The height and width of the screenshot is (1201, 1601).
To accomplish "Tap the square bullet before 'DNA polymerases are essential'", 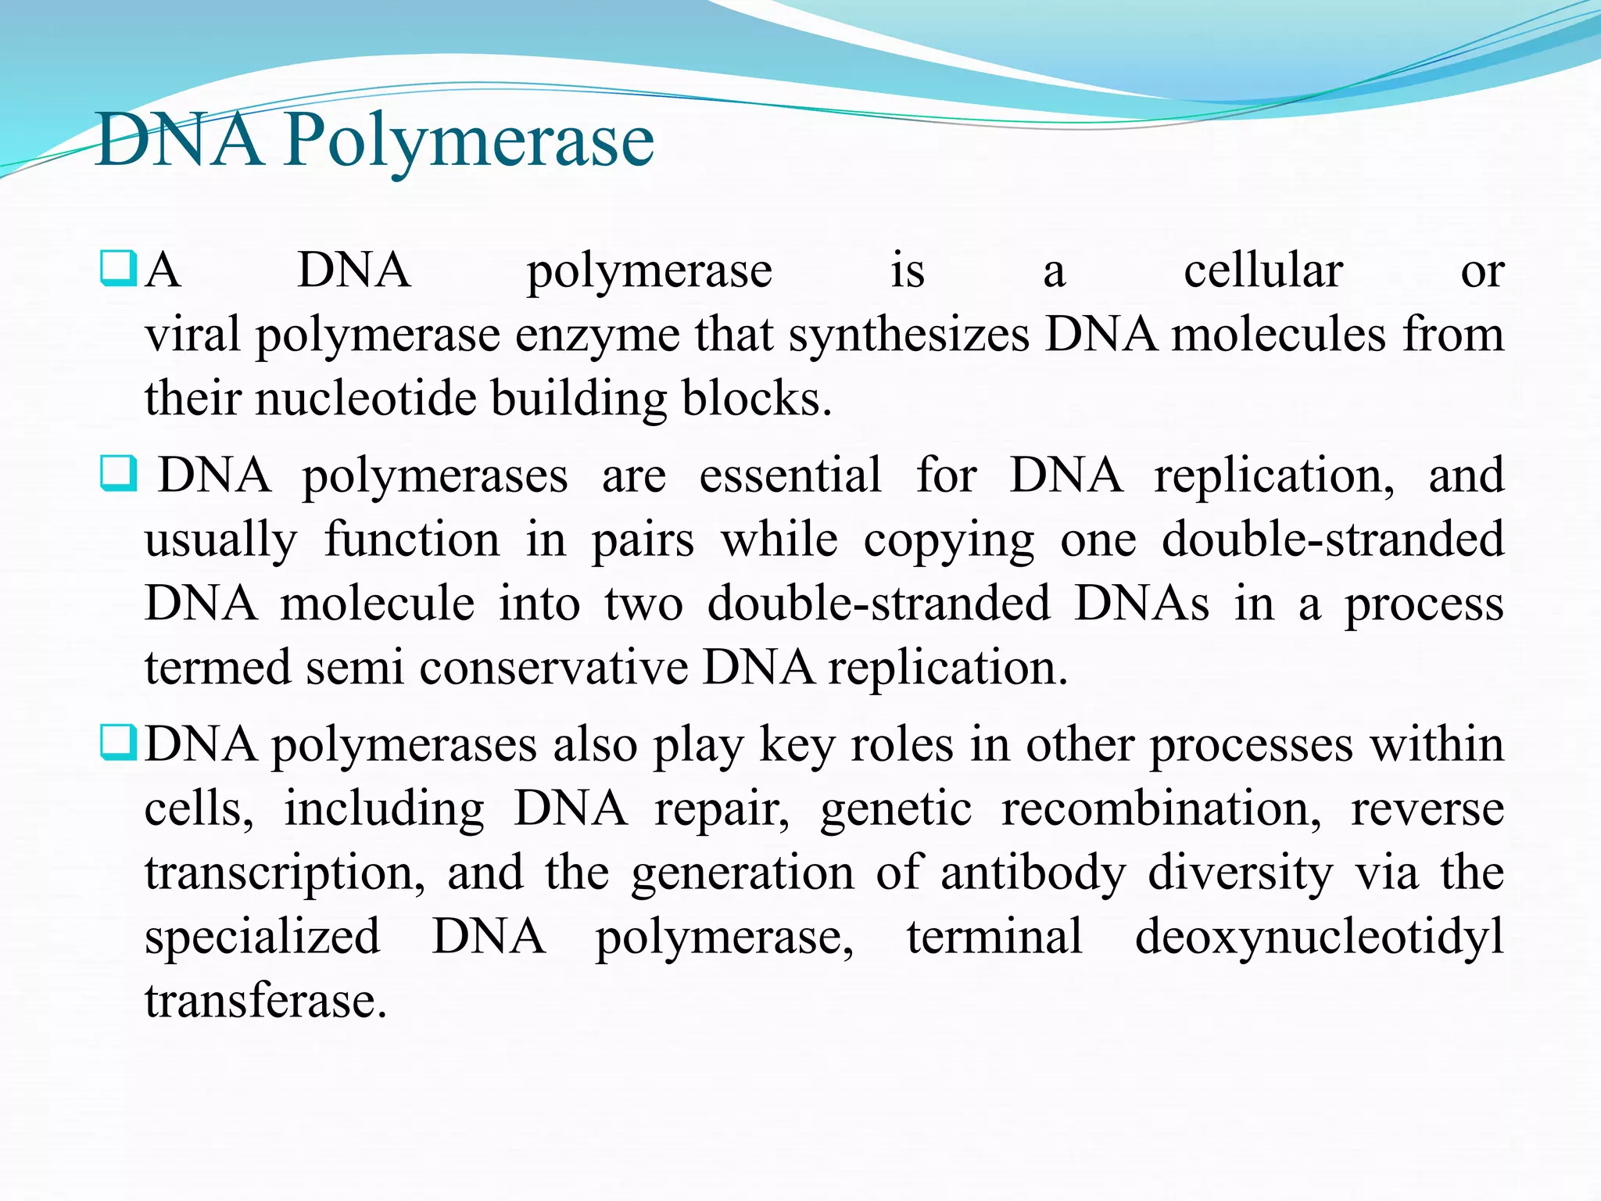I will tap(119, 473).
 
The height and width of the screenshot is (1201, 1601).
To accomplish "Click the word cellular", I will tap(1263, 271).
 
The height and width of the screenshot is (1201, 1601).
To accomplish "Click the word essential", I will tap(790, 475).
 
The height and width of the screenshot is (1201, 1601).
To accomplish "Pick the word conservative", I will tap(553, 668).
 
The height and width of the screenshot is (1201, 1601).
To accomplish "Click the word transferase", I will tap(266, 1001).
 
